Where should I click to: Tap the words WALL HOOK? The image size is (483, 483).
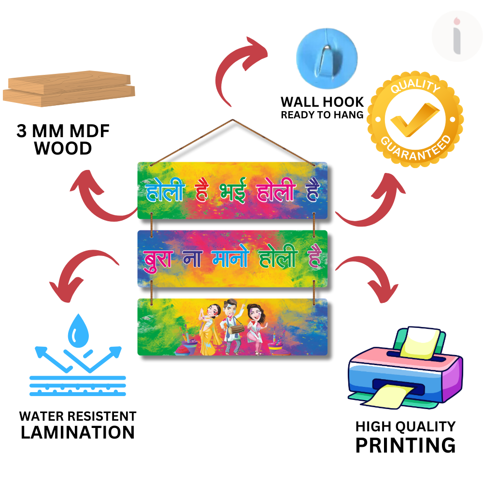[x=322, y=102]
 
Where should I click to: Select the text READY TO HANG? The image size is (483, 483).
[x=322, y=115]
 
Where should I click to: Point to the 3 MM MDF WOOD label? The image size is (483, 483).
[x=63, y=140]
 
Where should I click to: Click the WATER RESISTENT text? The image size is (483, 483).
[x=78, y=416]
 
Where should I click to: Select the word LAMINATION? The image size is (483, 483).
[x=78, y=432]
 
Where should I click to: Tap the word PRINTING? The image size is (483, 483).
[x=405, y=445]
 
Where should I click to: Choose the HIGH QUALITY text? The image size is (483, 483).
[x=405, y=426]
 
